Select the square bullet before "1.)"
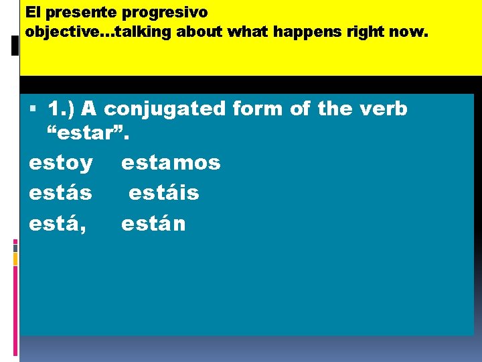point(33,109)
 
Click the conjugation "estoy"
point(61,162)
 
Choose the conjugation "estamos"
point(171,162)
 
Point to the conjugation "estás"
point(60,193)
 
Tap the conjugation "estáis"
point(164,193)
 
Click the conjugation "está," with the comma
point(58,224)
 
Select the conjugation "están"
point(153,224)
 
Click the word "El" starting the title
point(32,13)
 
